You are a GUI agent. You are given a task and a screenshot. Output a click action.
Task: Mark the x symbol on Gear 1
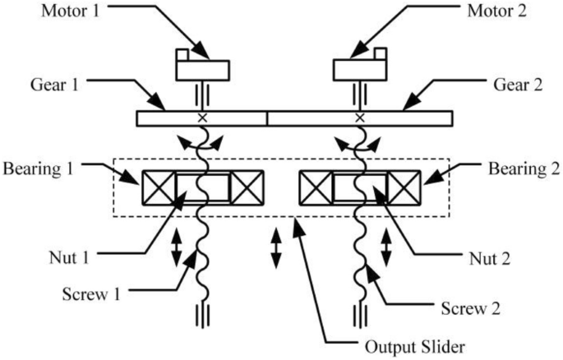click(x=201, y=118)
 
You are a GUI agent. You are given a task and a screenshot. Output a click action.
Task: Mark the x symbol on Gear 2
click(x=359, y=118)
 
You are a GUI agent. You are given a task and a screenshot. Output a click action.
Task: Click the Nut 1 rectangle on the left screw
click(x=202, y=187)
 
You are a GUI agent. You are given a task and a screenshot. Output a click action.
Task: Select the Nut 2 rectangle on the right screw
click(x=360, y=187)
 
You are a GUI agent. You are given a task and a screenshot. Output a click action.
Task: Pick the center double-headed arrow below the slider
click(x=276, y=249)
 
